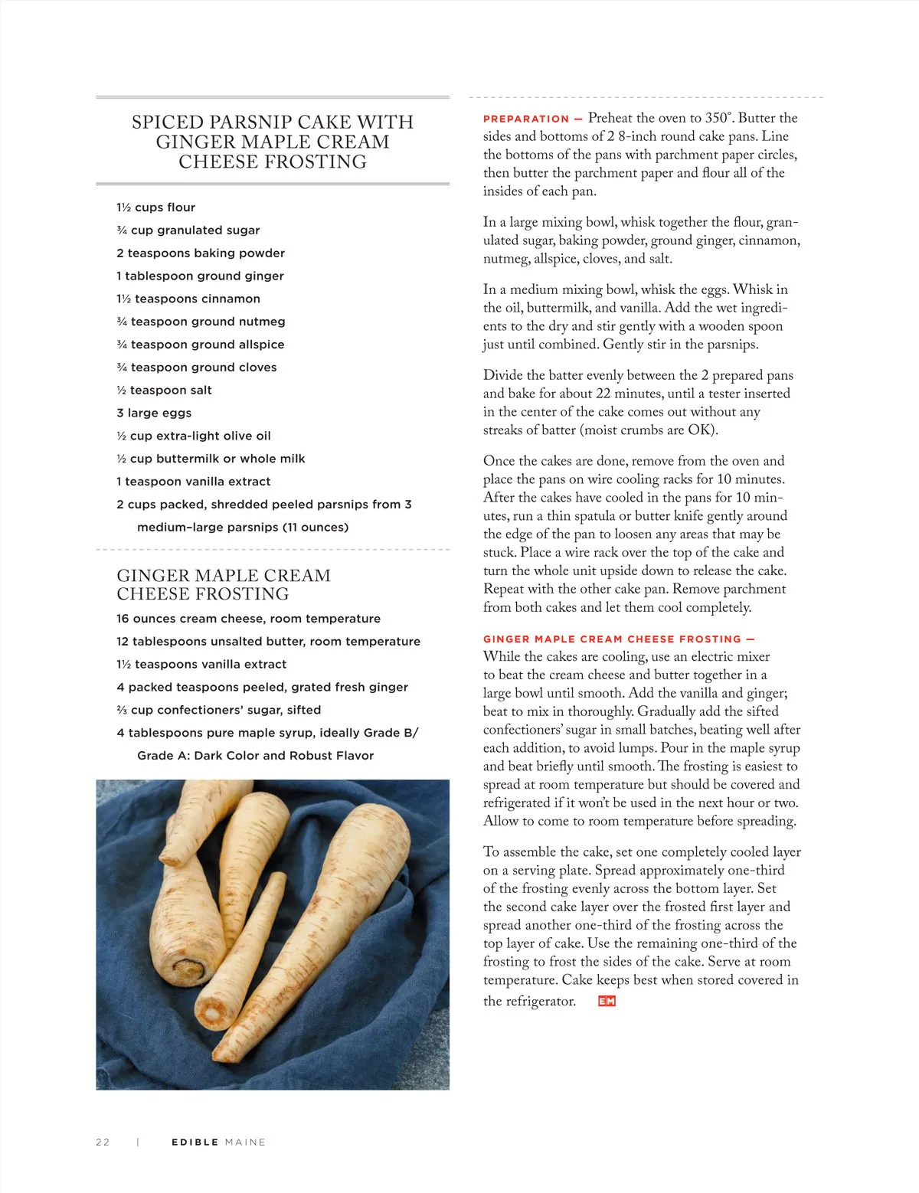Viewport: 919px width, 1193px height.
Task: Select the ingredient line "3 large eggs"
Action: [154, 413]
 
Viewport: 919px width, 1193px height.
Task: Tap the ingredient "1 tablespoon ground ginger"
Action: [200, 276]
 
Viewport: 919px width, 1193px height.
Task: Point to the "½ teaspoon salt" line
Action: [164, 390]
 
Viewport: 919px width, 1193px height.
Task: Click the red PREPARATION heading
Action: [526, 119]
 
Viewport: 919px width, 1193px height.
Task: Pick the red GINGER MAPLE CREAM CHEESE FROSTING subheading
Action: [613, 639]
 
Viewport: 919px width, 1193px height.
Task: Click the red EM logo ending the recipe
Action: [607, 1001]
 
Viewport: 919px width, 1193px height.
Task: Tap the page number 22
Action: [103, 1142]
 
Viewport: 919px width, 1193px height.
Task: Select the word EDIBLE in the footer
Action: [195, 1142]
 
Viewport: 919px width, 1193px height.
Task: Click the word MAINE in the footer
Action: [245, 1142]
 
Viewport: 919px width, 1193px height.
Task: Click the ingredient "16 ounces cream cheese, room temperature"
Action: [248, 619]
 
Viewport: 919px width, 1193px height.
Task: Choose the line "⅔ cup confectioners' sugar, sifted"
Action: [218, 710]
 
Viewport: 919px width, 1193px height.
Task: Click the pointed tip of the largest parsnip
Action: [217, 1057]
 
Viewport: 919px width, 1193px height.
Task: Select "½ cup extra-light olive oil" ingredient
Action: [193, 436]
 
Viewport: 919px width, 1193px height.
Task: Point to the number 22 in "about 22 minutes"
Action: [603, 394]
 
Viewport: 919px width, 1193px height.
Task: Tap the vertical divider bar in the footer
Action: [138, 1142]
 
